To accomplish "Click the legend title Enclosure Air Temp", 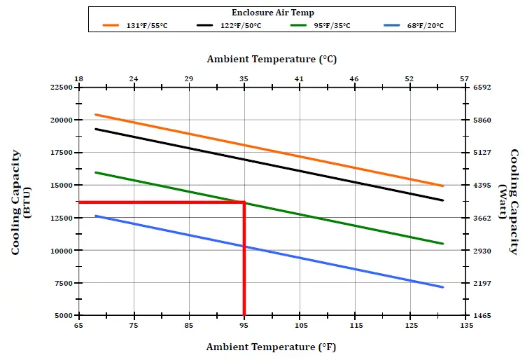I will [x=272, y=13].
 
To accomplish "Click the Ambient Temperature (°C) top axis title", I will [x=272, y=59].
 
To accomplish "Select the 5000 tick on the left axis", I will [x=62, y=316].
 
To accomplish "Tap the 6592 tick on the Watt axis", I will [x=482, y=88].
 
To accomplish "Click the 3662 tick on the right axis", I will [x=482, y=218].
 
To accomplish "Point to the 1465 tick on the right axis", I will [x=482, y=316].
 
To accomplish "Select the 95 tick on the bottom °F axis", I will [x=244, y=326].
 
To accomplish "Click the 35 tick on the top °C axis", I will [x=244, y=78].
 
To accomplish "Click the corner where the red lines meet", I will [x=244, y=202].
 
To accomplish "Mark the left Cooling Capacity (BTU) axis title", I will [x=20, y=202].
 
